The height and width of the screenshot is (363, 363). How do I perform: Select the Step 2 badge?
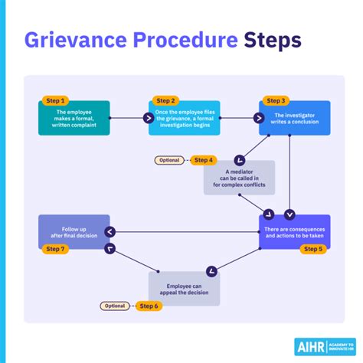(165, 100)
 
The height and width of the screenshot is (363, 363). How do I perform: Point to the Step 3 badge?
(276, 100)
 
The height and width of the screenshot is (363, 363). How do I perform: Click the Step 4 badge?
(203, 160)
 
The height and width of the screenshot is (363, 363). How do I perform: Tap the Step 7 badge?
(54, 248)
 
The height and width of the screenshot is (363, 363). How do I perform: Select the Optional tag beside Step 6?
(115, 306)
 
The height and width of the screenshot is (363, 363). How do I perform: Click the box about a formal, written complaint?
(74, 118)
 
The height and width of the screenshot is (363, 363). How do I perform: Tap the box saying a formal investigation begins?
(184, 118)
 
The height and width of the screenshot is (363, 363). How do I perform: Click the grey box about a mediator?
(239, 178)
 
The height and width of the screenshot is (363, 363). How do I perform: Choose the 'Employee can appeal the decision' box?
(184, 288)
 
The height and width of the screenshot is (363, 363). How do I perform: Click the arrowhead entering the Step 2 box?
(149, 118)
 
